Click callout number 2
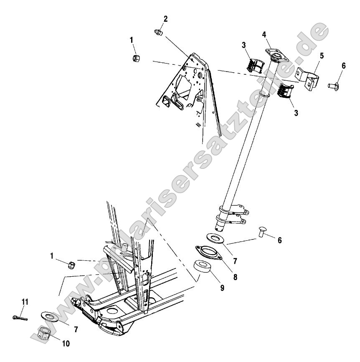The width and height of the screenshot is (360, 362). (x=165, y=19)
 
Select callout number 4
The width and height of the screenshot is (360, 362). (x=264, y=35)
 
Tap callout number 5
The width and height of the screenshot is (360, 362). (x=322, y=55)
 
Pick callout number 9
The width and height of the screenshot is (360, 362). (x=222, y=288)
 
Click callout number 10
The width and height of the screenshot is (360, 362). (x=66, y=344)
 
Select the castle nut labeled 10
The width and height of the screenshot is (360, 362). (x=45, y=333)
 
